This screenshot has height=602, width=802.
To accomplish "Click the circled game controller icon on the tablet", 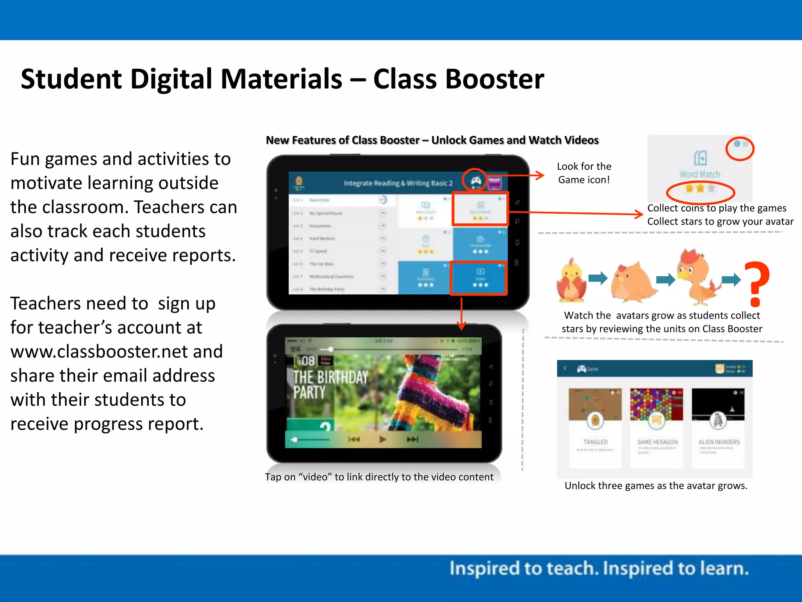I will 475,181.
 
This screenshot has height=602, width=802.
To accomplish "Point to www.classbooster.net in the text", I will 116,352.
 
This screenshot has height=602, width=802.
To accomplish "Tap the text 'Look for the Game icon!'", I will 584,173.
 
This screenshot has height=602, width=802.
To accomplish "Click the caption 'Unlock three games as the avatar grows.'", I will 656,486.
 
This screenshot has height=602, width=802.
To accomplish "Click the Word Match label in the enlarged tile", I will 700,174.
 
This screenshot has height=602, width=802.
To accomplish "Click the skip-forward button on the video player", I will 412,439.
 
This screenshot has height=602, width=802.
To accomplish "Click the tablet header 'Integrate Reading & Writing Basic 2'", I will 398,183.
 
